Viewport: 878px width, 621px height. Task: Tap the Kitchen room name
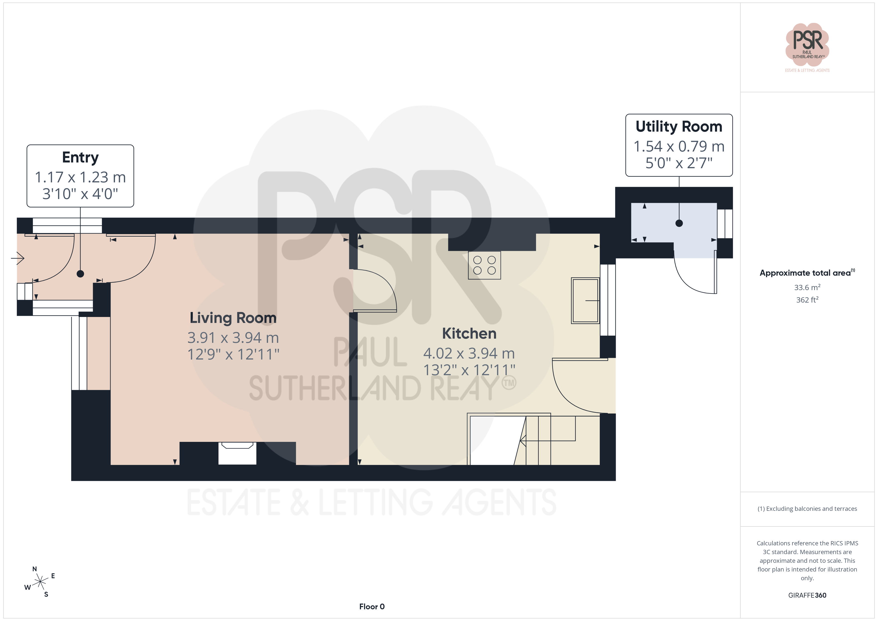click(x=469, y=333)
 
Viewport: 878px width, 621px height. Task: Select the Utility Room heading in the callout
click(x=679, y=127)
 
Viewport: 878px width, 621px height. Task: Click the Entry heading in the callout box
click(x=80, y=157)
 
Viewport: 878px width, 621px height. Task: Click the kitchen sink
click(x=585, y=301)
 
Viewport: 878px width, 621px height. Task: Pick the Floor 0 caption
click(x=372, y=607)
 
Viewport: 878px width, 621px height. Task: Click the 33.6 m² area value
click(x=807, y=287)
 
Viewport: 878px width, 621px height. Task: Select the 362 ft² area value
click(x=807, y=300)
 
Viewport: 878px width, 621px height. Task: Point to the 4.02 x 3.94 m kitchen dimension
click(x=469, y=353)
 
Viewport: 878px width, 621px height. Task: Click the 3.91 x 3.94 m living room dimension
click(x=233, y=338)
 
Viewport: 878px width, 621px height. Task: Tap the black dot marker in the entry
click(x=80, y=274)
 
